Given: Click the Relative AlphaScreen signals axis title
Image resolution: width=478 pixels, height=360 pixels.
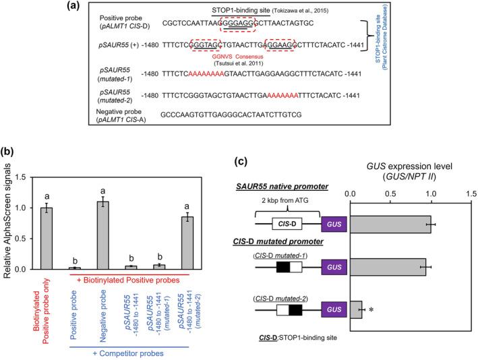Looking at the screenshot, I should tap(7, 223).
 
